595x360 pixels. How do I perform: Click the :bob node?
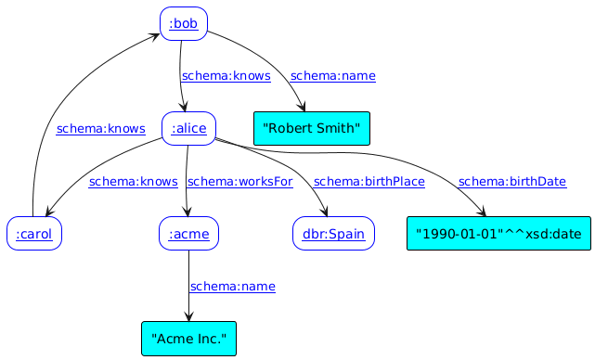183,24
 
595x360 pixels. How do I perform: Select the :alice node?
188,129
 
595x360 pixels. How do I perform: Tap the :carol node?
33,234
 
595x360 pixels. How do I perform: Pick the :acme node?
188,234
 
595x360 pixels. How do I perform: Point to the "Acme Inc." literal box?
188,339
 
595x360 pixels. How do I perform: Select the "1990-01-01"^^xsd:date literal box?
498,234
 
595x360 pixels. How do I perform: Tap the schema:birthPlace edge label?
369,182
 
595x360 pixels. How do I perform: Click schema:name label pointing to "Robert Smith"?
332,76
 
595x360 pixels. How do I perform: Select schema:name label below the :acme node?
232,287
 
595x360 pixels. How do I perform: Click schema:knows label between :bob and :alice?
226,76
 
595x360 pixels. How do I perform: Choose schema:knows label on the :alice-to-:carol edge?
134,182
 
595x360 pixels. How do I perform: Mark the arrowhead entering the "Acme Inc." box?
188,317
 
